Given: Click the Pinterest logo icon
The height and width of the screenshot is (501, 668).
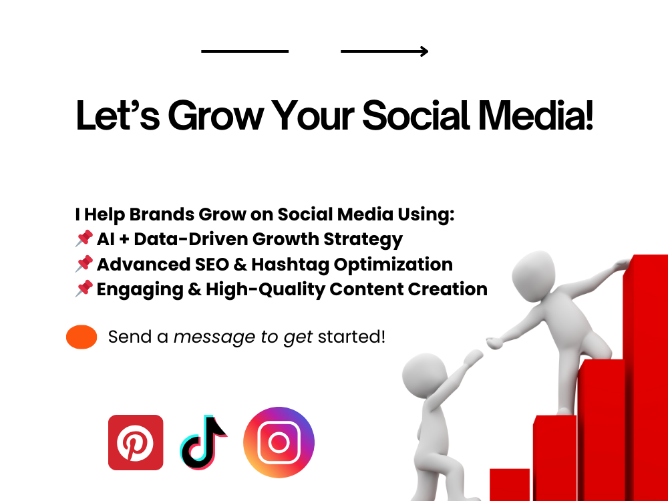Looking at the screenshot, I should (x=136, y=442).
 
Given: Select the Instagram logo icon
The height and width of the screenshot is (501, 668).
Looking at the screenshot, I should (x=279, y=442).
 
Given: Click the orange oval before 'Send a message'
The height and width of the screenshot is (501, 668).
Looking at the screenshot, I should (x=81, y=337).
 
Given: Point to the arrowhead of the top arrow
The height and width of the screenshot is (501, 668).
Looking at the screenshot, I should (x=424, y=51).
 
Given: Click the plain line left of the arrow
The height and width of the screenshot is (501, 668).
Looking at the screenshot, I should (x=244, y=51).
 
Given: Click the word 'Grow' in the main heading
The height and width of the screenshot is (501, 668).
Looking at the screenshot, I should (x=212, y=116).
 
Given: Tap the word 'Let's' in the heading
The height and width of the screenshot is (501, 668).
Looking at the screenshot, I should (x=116, y=116).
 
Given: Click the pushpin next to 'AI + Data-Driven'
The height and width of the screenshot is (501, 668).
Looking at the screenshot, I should (x=84, y=238).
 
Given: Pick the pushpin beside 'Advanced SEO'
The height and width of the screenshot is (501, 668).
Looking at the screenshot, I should (x=84, y=264).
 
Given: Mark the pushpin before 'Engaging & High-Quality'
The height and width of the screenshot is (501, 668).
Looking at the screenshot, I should (x=84, y=289).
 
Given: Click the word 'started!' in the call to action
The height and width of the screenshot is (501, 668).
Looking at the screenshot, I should (x=351, y=337).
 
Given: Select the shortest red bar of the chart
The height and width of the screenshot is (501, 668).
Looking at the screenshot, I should (x=510, y=484).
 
